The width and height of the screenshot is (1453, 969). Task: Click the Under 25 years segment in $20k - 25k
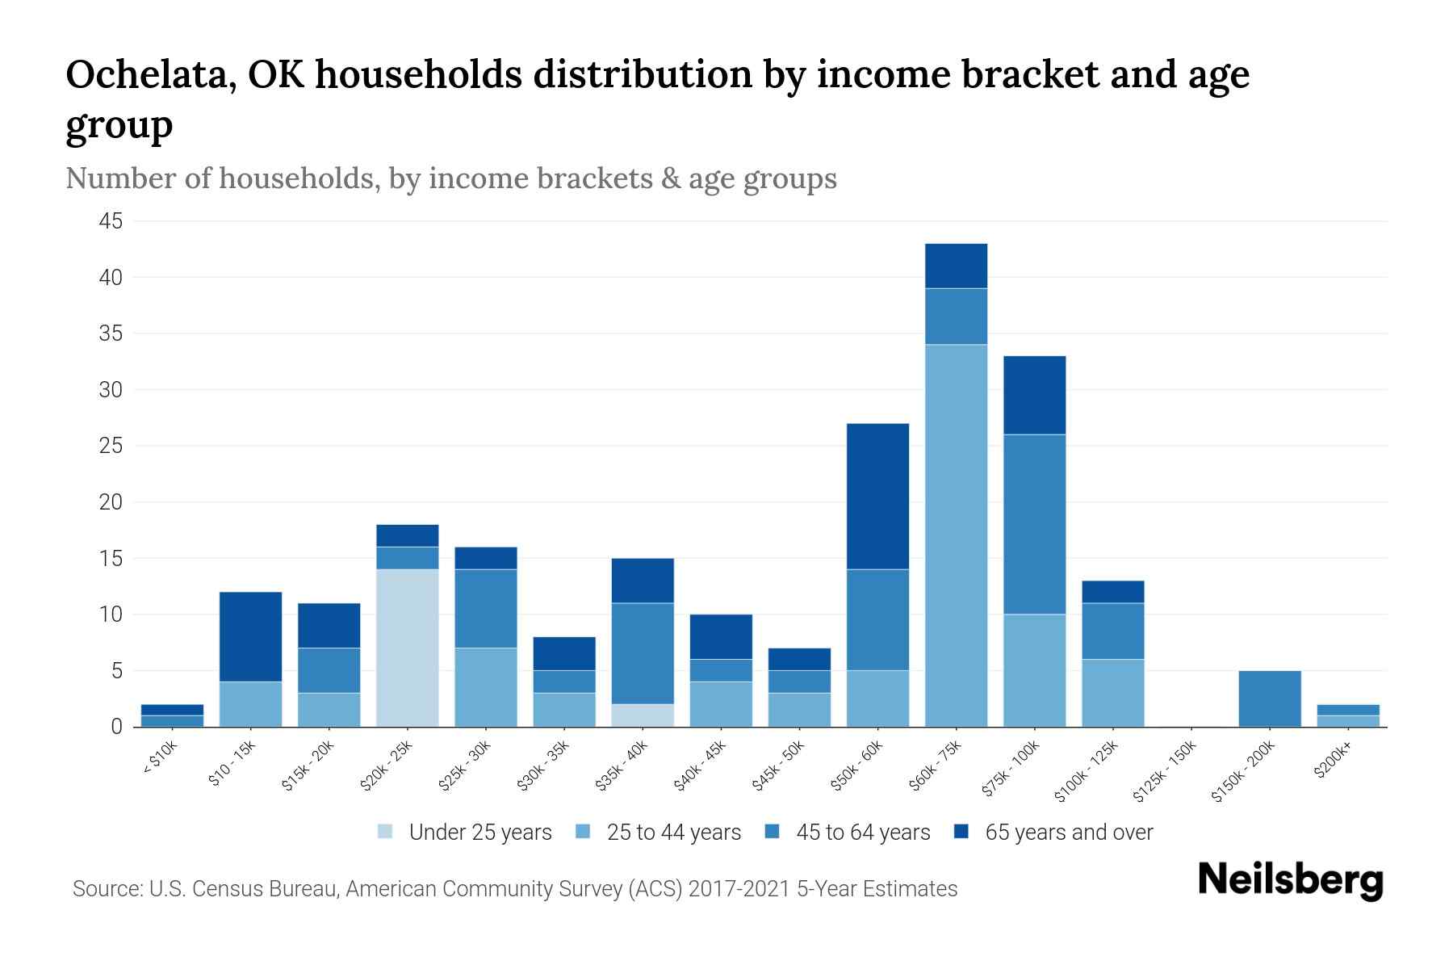pyautogui.click(x=408, y=648)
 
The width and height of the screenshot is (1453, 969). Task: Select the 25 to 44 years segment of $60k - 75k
pyautogui.click(x=956, y=535)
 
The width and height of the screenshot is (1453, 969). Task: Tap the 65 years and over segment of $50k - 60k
pyautogui.click(x=877, y=496)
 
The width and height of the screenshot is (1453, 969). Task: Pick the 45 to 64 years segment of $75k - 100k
pyautogui.click(x=1034, y=524)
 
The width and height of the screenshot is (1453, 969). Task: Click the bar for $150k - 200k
pyautogui.click(x=1269, y=698)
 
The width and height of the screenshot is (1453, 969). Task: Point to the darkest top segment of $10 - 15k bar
pyautogui.click(x=250, y=636)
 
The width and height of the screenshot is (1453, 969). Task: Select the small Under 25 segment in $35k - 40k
pyautogui.click(x=643, y=715)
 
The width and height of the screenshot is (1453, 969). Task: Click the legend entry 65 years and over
pyautogui.click(x=1068, y=833)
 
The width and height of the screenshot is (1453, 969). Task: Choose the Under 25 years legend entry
pyautogui.click(x=479, y=833)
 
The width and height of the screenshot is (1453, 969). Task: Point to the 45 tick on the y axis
pyautogui.click(x=111, y=221)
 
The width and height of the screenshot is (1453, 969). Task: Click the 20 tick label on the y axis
pyautogui.click(x=111, y=502)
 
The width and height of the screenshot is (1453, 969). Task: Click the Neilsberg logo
pyautogui.click(x=1290, y=879)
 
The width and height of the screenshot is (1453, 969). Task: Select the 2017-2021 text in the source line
pyautogui.click(x=739, y=889)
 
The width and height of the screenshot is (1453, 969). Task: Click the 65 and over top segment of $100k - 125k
pyautogui.click(x=1112, y=591)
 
